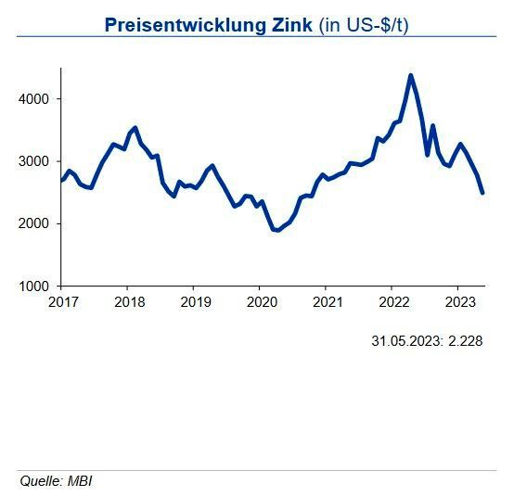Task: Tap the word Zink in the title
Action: (290, 25)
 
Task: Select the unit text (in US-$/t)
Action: (363, 25)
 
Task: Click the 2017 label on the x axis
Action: (61, 301)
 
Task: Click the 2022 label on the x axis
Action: (393, 301)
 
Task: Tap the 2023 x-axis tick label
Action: (459, 301)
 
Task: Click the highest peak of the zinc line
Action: (411, 75)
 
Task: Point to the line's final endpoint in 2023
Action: (482, 193)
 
